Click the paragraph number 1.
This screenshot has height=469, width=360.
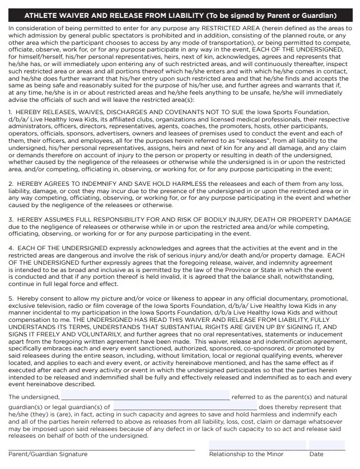pyautogui.click(x=10, y=112)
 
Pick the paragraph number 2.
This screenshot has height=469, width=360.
pyautogui.click(x=10, y=184)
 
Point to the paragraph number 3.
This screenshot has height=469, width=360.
pyautogui.click(x=10, y=221)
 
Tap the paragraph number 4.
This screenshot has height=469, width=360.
pyautogui.click(x=10, y=248)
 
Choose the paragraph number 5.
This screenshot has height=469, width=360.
pyautogui.click(x=10, y=299)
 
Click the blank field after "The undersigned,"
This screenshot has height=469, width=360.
pyautogui.click(x=145, y=396)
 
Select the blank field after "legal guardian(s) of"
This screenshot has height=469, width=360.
pyautogui.click(x=185, y=407)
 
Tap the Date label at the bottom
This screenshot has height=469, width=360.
pyautogui.click(x=316, y=454)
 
